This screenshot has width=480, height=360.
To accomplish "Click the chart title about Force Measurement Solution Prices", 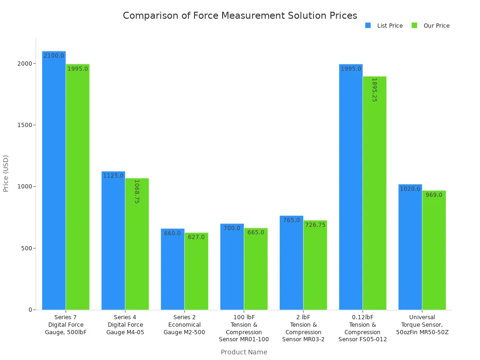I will click(x=240, y=15).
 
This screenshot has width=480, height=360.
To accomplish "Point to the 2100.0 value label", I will click(x=54, y=56).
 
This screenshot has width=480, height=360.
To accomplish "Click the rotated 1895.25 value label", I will click(x=375, y=90).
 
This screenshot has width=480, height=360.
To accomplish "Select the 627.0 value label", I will click(x=196, y=237).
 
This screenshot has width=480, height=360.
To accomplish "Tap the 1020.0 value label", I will click(x=410, y=189).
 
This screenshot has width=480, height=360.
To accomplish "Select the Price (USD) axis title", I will click(x=6, y=173).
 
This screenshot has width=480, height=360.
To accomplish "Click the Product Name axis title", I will click(x=244, y=352).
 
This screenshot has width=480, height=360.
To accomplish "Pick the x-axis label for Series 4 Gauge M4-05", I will click(x=125, y=325).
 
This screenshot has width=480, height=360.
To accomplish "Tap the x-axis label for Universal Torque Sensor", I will click(x=422, y=325).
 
